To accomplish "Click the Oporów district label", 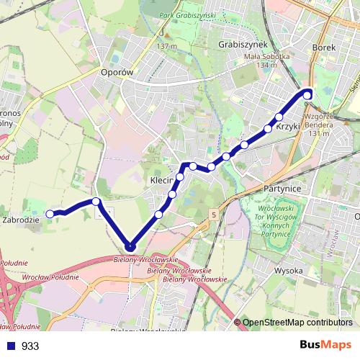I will point(118,73).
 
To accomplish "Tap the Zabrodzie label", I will point(21,219).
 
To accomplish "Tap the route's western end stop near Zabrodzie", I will point(50,214).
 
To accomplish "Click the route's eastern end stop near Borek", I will point(307,95).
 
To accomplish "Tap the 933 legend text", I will point(30,346).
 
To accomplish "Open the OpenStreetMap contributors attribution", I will point(297,323).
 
